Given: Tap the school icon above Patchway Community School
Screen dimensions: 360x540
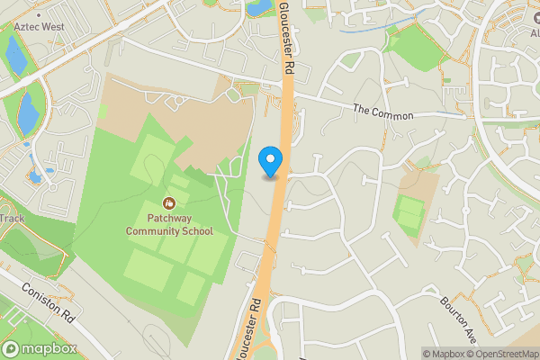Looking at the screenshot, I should [x=168, y=205].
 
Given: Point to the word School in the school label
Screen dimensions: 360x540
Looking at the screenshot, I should [x=198, y=231].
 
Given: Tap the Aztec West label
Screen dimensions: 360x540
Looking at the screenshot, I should [x=38, y=28].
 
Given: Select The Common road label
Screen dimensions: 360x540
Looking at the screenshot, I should [x=382, y=112].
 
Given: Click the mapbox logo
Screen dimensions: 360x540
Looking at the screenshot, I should [x=40, y=348].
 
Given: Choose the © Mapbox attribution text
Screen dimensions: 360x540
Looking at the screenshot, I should [x=441, y=354].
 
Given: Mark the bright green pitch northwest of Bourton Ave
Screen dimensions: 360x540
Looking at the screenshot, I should [x=409, y=215].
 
